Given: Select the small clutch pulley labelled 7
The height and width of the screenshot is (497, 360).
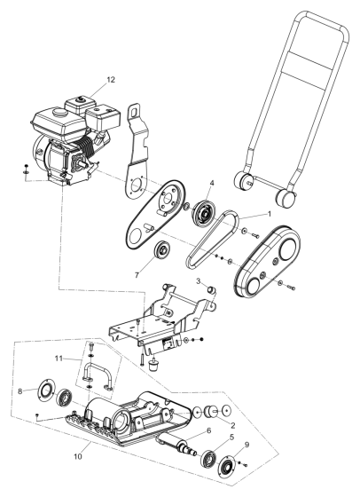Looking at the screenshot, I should pos(165,248).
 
